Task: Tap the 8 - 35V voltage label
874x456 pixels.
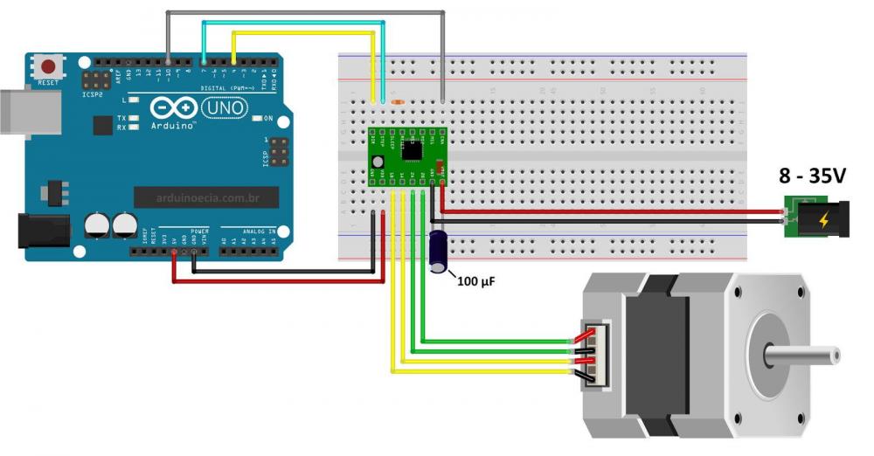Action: tap(813, 177)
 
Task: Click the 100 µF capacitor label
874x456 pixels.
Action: tap(476, 281)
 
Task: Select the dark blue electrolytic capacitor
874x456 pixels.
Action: tap(439, 250)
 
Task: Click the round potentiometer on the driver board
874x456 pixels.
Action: tap(378, 162)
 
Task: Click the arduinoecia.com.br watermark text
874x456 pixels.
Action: tap(206, 198)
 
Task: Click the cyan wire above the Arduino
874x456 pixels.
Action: tap(293, 23)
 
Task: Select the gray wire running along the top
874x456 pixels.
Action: tap(306, 12)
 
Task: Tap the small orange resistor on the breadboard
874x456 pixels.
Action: tap(399, 102)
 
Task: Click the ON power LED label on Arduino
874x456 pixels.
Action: tap(268, 118)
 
